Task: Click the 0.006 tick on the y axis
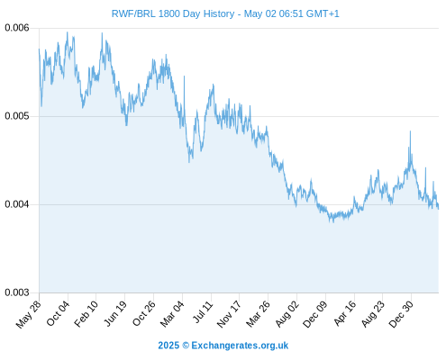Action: (17, 28)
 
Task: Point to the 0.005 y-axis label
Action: (17, 116)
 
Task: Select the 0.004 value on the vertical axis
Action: (17, 204)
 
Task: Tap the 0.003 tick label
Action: (17, 292)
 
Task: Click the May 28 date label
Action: (29, 314)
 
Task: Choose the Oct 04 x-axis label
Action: (58, 313)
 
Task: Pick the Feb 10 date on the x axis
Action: (86, 314)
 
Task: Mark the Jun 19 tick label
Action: (115, 313)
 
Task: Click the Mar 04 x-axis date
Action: (172, 314)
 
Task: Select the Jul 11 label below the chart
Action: (203, 312)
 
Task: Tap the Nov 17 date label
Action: (229, 314)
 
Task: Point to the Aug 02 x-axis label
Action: (287, 314)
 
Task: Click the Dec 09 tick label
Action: (315, 314)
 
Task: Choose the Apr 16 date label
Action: (345, 313)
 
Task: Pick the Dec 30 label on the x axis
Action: (401, 314)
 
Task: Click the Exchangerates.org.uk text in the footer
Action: (240, 346)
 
